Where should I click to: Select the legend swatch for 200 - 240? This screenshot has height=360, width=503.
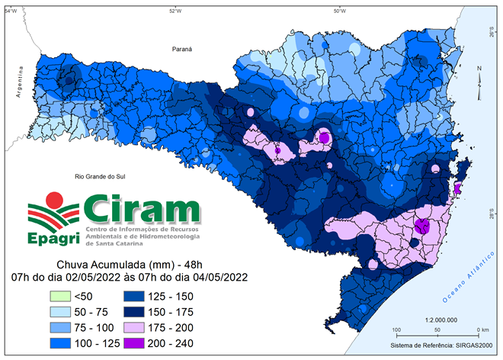click(136, 344)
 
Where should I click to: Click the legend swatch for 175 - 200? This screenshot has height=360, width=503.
click(136, 328)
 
